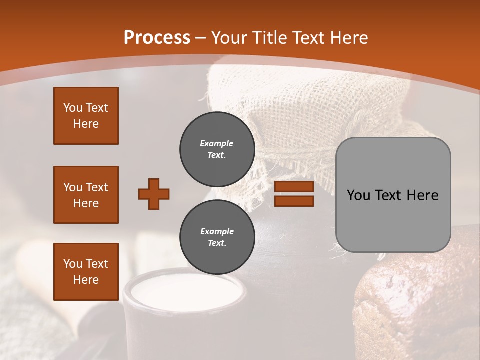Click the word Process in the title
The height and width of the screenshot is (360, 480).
[157, 38]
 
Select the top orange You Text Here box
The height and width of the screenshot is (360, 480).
[86, 116]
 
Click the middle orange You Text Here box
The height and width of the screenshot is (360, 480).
[86, 195]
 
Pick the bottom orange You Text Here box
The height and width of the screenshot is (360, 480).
[86, 271]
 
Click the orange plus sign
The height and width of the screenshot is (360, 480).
[154, 194]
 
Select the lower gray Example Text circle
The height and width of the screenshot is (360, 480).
[217, 237]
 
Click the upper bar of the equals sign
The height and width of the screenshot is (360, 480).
[294, 187]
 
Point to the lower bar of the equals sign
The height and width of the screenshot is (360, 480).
[294, 201]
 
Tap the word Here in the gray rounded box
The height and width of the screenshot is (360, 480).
[422, 195]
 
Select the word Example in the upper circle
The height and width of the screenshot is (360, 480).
[217, 143]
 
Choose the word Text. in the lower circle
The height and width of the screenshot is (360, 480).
[217, 243]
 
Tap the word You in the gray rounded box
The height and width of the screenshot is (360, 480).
[358, 195]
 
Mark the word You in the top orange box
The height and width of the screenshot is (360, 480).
[73, 108]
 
